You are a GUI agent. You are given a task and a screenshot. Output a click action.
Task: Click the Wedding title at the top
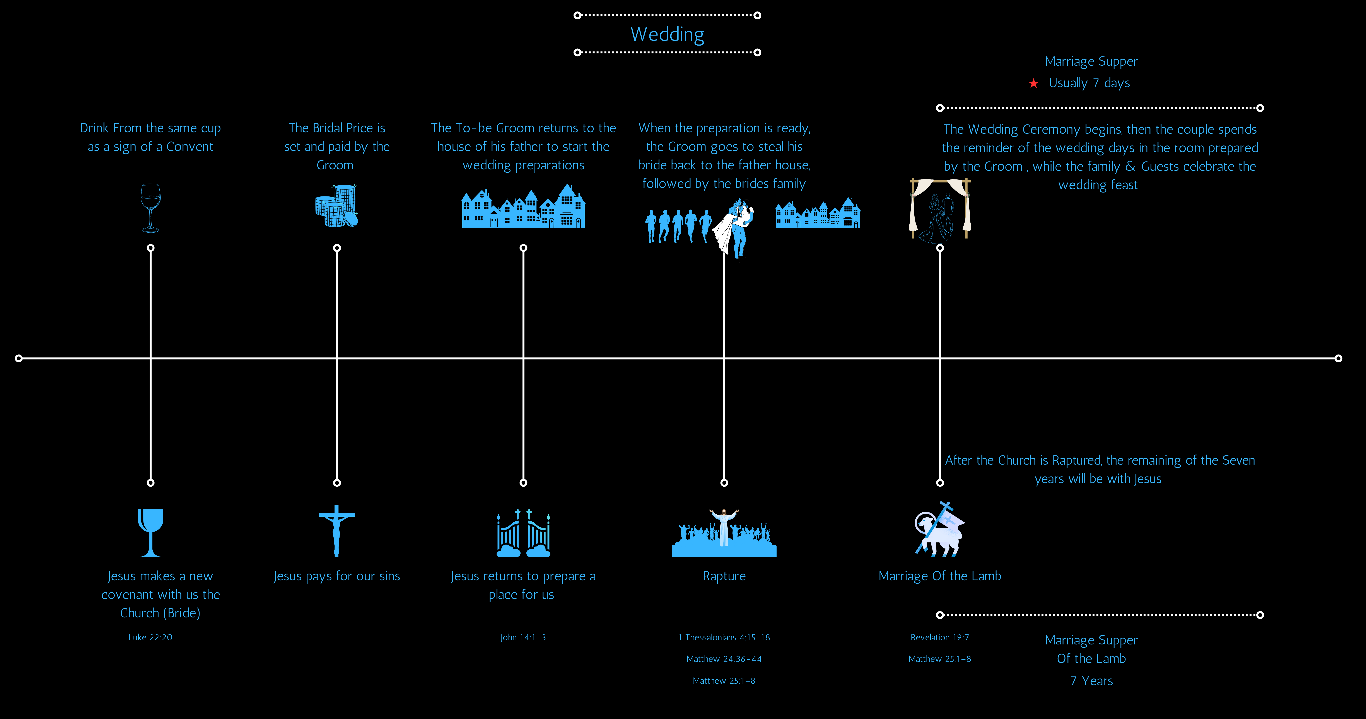coord(667,34)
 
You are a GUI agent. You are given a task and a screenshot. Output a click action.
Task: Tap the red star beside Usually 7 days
coord(1033,83)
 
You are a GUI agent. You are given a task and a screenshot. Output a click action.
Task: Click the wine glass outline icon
coord(151,208)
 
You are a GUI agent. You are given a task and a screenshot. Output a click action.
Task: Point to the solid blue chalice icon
coord(151,532)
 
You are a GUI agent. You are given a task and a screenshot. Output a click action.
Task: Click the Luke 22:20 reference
coord(150,637)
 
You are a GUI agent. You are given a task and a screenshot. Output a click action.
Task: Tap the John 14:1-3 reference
coord(523,637)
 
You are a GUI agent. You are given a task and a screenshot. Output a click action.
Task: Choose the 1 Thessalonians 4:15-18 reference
coord(724,637)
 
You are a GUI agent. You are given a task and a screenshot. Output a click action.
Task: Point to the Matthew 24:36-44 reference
coord(724,659)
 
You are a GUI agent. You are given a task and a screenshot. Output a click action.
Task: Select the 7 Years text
coord(1091,681)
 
